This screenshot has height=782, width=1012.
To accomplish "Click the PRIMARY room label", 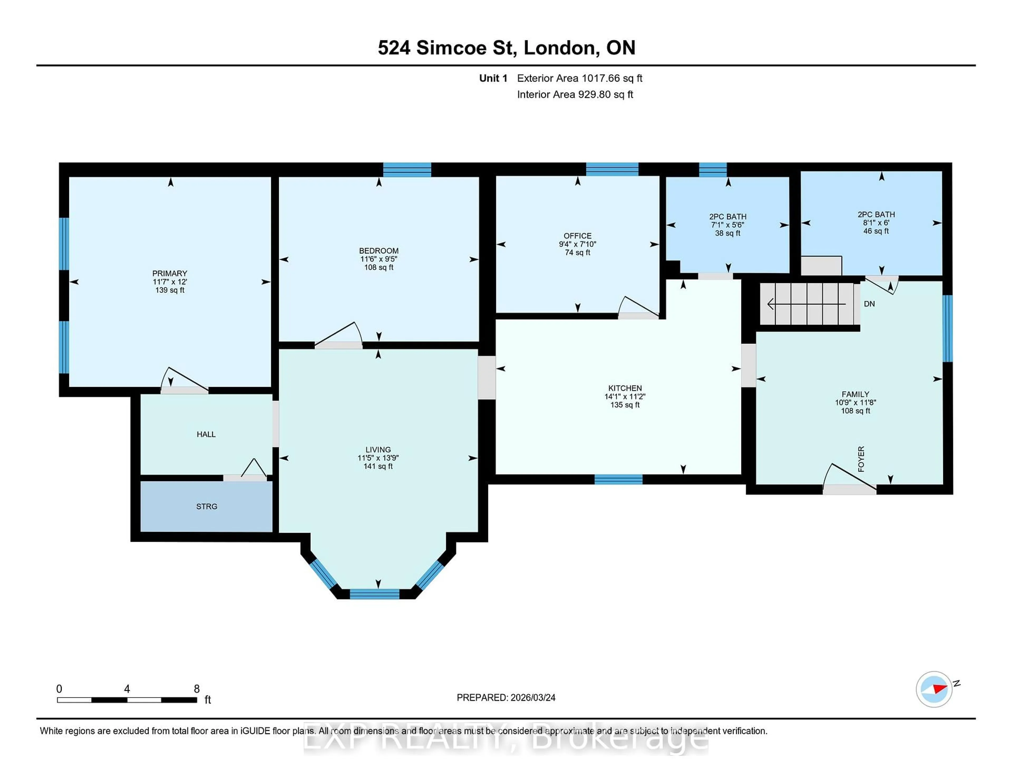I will (x=170, y=273).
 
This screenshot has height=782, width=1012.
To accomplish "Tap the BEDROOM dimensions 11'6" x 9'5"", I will (x=378, y=259).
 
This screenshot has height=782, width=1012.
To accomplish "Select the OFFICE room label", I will (x=577, y=236).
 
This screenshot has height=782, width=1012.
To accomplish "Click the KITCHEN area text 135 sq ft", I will (x=625, y=405).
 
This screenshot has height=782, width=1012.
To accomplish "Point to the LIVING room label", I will (x=378, y=449).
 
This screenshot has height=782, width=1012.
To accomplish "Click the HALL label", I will (x=206, y=434).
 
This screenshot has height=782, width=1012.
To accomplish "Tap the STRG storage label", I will (x=207, y=506).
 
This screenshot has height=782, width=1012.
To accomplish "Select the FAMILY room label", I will (x=855, y=394).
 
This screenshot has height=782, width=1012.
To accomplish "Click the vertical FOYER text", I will (x=861, y=459).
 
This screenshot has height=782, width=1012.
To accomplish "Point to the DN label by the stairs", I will (x=869, y=304).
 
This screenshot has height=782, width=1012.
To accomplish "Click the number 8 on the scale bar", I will (x=196, y=689).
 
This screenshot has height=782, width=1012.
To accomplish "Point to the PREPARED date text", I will (x=506, y=698).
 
